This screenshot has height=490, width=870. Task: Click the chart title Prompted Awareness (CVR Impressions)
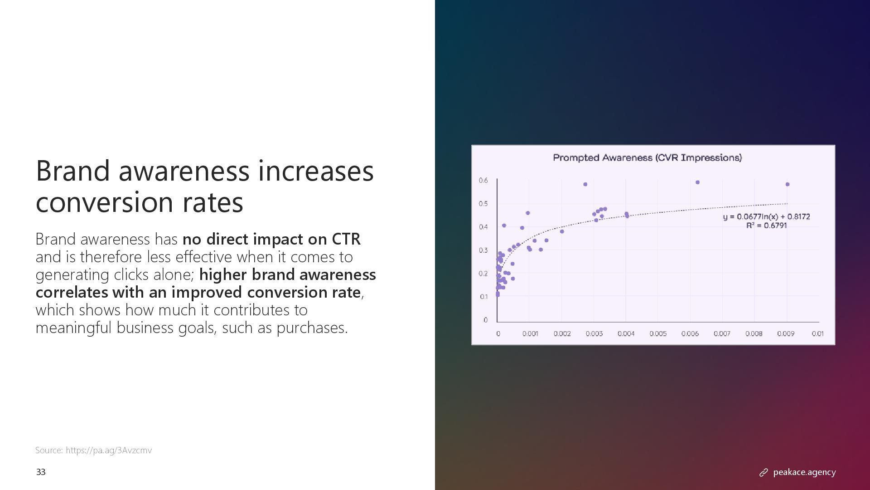(647, 158)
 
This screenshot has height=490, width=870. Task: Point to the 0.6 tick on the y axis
(483, 181)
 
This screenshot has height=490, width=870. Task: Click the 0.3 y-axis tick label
(483, 250)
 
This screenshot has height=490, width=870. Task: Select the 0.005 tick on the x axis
(658, 334)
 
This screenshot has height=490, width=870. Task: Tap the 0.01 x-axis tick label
(817, 334)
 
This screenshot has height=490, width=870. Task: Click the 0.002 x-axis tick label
(562, 334)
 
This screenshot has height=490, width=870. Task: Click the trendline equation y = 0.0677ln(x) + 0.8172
(766, 217)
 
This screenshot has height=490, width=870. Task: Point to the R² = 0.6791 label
(766, 226)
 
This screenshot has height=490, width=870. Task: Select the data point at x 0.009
(788, 184)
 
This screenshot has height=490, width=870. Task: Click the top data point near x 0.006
(697, 182)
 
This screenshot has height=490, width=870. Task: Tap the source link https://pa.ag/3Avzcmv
(109, 451)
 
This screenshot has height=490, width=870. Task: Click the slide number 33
(41, 472)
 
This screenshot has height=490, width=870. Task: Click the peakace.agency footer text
(804, 472)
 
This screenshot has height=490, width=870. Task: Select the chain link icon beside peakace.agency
(764, 473)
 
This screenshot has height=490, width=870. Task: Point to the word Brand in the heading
(72, 171)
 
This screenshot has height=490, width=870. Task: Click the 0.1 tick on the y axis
(483, 297)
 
